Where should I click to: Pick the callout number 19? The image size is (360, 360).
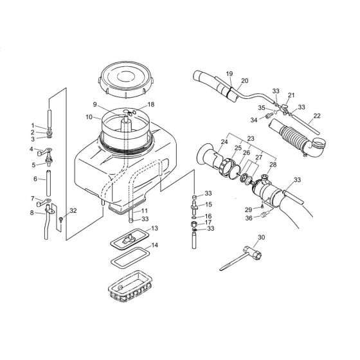(x=230, y=75)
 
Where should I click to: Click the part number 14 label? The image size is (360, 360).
(x=154, y=246)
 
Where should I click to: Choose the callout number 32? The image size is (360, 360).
(x=73, y=210)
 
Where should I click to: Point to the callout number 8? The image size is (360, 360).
(x=32, y=212)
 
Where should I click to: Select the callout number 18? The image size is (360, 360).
(x=152, y=104)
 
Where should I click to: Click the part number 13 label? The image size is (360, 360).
(x=154, y=228)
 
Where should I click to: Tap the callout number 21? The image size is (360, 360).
(x=291, y=95)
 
